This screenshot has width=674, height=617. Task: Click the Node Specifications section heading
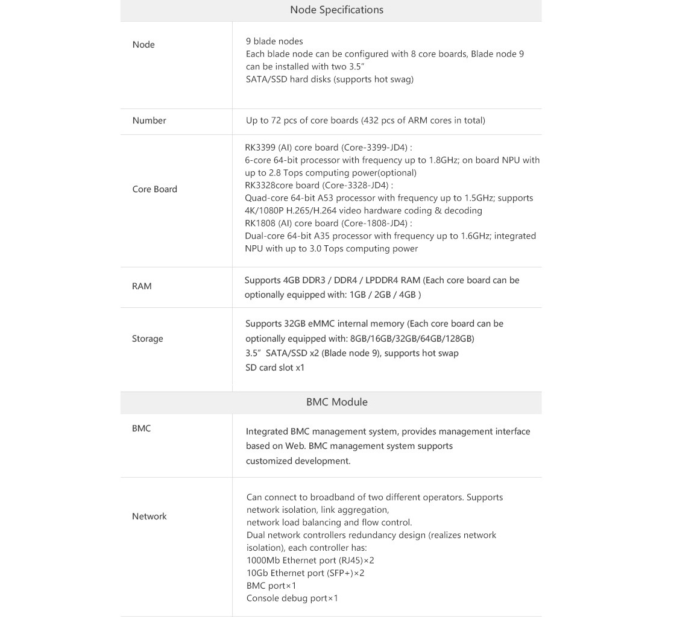click(x=336, y=10)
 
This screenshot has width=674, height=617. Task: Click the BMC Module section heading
click(x=336, y=402)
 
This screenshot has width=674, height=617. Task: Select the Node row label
click(x=143, y=45)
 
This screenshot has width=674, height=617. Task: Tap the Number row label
click(x=149, y=121)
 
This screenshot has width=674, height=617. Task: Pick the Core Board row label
click(x=154, y=189)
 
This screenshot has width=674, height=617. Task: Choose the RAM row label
click(x=142, y=286)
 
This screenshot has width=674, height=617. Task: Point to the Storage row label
click(x=147, y=339)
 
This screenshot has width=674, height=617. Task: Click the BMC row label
click(x=141, y=428)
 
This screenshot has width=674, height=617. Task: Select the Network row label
click(x=149, y=516)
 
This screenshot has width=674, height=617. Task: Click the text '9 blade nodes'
click(x=274, y=41)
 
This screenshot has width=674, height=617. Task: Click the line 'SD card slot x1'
click(x=275, y=368)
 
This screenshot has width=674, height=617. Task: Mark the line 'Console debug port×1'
click(x=292, y=598)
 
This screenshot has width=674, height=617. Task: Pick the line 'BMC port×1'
click(x=271, y=586)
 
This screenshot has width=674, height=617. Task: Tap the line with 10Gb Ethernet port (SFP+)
click(x=305, y=573)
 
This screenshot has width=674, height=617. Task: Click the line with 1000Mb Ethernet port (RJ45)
click(x=310, y=560)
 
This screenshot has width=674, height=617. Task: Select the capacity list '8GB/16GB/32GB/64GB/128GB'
click(x=412, y=339)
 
